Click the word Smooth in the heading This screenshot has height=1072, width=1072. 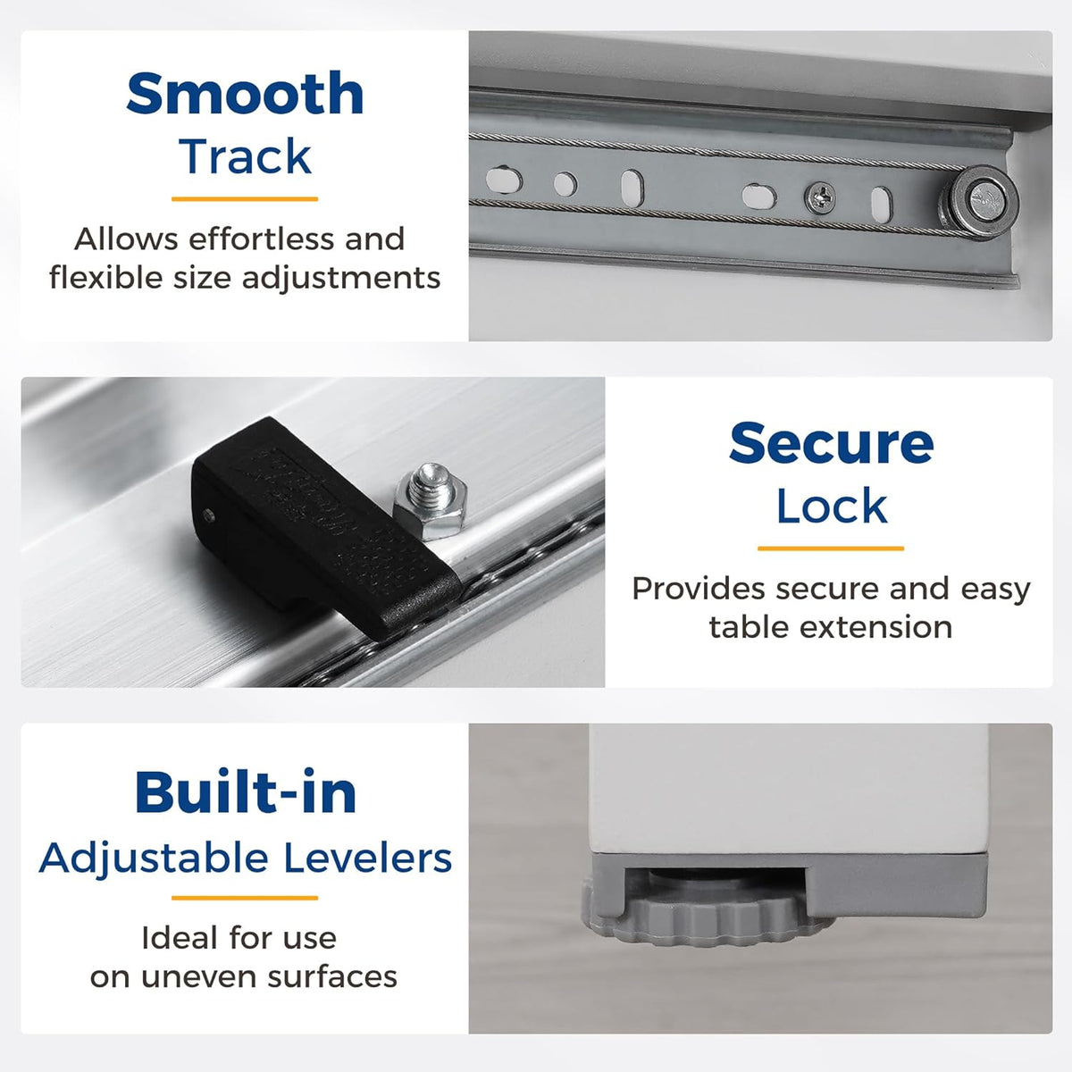coord(245,93)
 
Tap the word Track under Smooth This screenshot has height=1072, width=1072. coord(245,157)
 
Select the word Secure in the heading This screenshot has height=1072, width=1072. coord(831,443)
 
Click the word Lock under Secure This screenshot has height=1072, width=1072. coord(831,507)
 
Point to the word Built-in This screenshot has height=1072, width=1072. coord(246,792)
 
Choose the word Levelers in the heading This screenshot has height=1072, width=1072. coord(368,858)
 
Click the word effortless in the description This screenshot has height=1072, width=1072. coord(263,239)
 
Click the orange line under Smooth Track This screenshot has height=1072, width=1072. coord(245,198)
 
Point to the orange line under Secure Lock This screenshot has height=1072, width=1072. coord(831,549)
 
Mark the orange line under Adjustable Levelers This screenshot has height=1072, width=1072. coord(245,898)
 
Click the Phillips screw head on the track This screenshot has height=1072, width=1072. coord(820,197)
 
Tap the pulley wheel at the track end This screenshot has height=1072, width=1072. coord(979,201)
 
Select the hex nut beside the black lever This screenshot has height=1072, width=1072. coord(430,503)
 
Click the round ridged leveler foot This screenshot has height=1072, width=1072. coord(707,917)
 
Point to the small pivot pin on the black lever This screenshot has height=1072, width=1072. coord(209,515)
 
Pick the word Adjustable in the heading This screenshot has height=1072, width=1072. coord(154,859)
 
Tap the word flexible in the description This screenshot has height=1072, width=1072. coord(106,278)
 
